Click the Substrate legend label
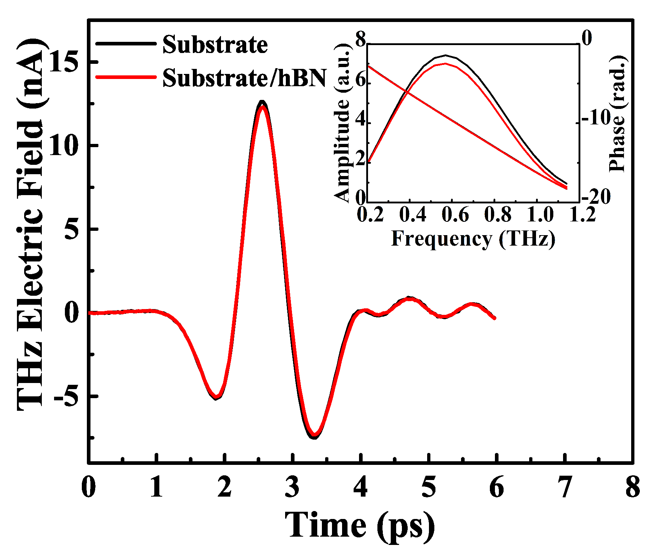(215, 45)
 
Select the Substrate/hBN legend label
(244, 78)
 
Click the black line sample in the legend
(126, 43)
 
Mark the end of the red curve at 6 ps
(494, 318)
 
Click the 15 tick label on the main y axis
(63, 62)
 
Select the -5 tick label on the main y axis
(66, 396)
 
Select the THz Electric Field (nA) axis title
(31, 224)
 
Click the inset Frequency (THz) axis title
(473, 238)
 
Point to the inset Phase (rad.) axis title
(618, 114)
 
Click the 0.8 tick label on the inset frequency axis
(497, 215)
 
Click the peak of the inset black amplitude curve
(446, 56)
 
